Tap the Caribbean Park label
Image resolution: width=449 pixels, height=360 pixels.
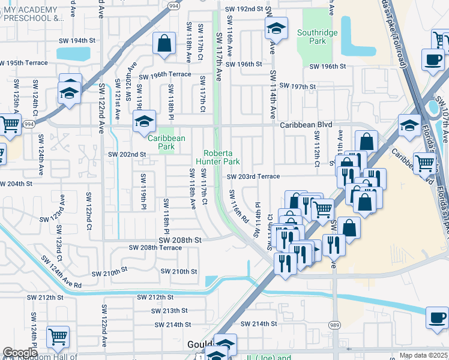[166, 142]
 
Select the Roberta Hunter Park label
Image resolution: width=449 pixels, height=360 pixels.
[221, 157]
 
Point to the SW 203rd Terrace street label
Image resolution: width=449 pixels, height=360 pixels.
[253, 176]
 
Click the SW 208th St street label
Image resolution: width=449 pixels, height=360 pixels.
[179, 239]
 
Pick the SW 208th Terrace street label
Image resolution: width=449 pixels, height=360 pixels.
[155, 248]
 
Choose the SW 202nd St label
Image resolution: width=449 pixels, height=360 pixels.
[127, 154]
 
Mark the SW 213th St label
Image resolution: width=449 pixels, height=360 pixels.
[170, 311]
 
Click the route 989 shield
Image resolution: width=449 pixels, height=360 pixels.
[334, 325]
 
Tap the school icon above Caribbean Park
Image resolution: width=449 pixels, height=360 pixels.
[144, 121]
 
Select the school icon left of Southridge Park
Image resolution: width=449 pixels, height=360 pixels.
[276, 28]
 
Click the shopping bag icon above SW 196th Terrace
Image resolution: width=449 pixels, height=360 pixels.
[164, 44]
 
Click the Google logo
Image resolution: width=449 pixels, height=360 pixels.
[20, 353]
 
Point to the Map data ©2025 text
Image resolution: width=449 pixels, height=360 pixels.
[423, 355]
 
